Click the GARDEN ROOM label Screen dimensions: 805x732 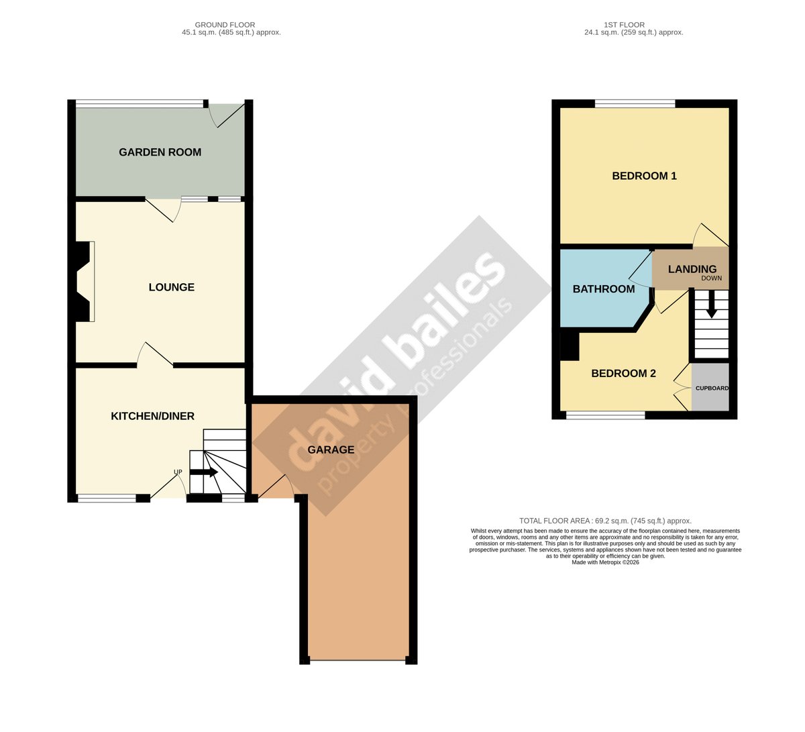pyautogui.click(x=160, y=152)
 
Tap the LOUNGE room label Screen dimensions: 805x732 pyautogui.click(x=171, y=287)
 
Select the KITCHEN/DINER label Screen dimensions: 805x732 pyautogui.click(x=152, y=416)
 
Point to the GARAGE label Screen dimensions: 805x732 pyautogui.click(x=331, y=450)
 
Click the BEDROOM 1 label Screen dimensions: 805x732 pyautogui.click(x=644, y=176)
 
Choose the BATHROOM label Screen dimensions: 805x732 pyautogui.click(x=604, y=289)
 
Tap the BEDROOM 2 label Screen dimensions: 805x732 pyautogui.click(x=623, y=374)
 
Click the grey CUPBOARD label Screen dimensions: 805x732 pyautogui.click(x=712, y=388)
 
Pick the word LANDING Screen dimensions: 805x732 pyautogui.click(x=692, y=269)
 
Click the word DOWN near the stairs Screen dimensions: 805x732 pyautogui.click(x=712, y=278)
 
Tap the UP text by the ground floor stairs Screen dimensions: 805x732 pyautogui.click(x=178, y=472)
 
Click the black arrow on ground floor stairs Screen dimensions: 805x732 pyautogui.click(x=203, y=472)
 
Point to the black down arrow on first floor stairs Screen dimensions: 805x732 pyautogui.click(x=712, y=304)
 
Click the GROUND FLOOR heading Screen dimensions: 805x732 pyautogui.click(x=225, y=25)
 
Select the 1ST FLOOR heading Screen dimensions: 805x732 pyautogui.click(x=624, y=25)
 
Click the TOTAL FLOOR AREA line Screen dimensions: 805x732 pyautogui.click(x=605, y=521)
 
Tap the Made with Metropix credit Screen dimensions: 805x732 pyautogui.click(x=605, y=562)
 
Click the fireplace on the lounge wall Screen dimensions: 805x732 pyautogui.click(x=83, y=282)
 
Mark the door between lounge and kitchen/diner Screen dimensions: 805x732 pyautogui.click(x=155, y=355)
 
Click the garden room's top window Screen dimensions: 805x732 pyautogui.click(x=140, y=103)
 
